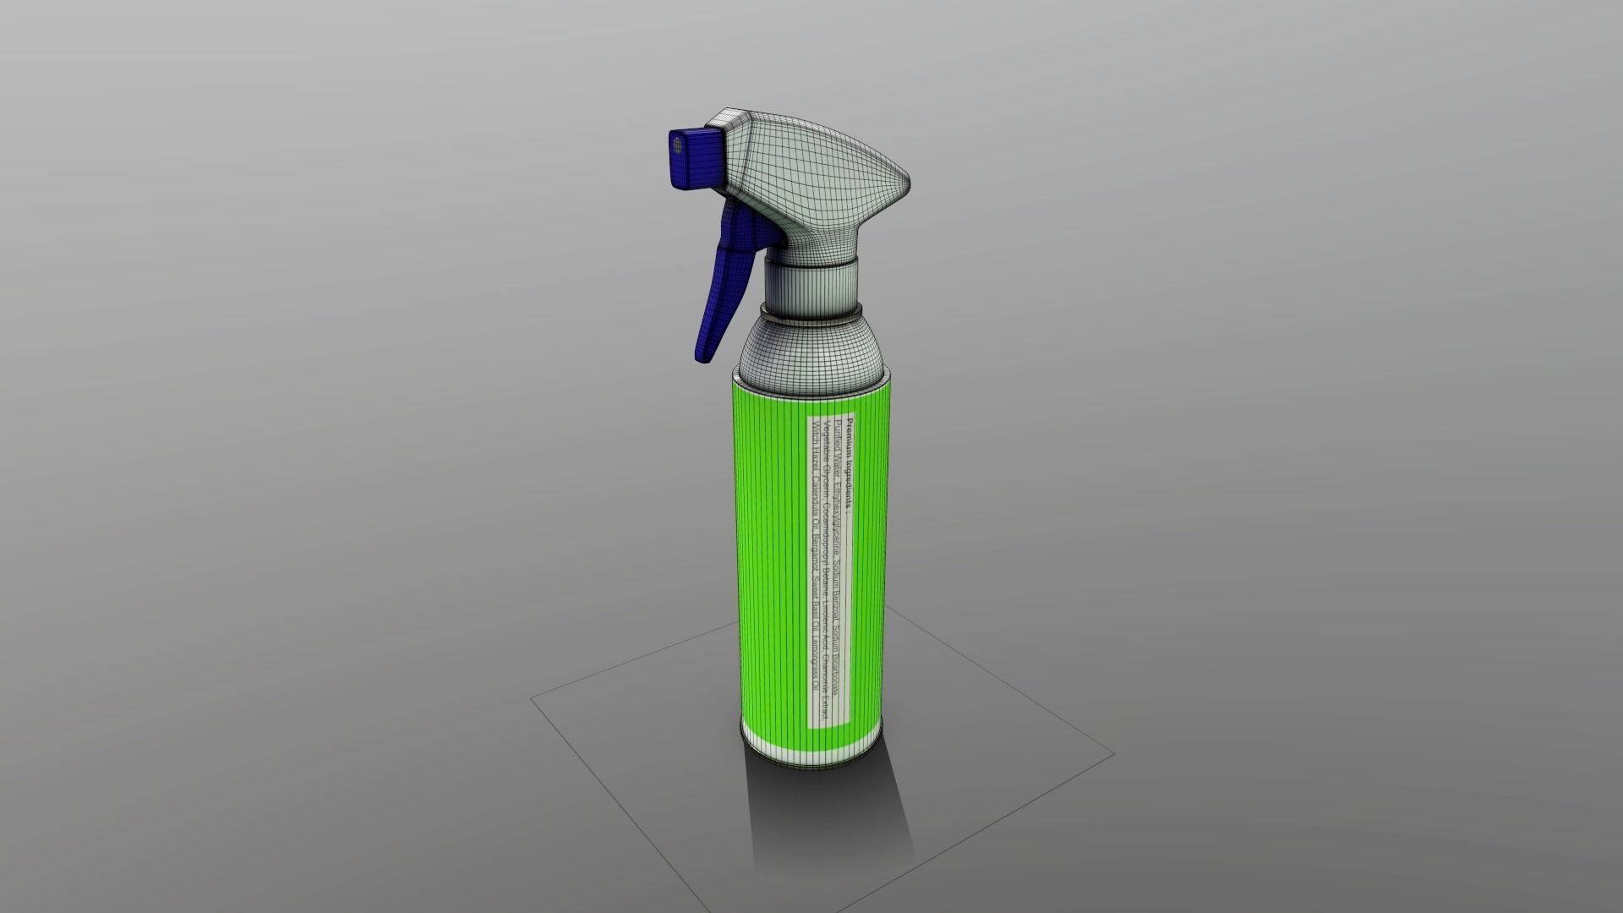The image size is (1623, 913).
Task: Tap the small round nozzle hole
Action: pos(677,145)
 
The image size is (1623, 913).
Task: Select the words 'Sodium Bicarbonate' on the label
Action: pos(836,660)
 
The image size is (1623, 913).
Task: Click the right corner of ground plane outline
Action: pos(1112,753)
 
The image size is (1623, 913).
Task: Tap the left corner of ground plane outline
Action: pos(532,698)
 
